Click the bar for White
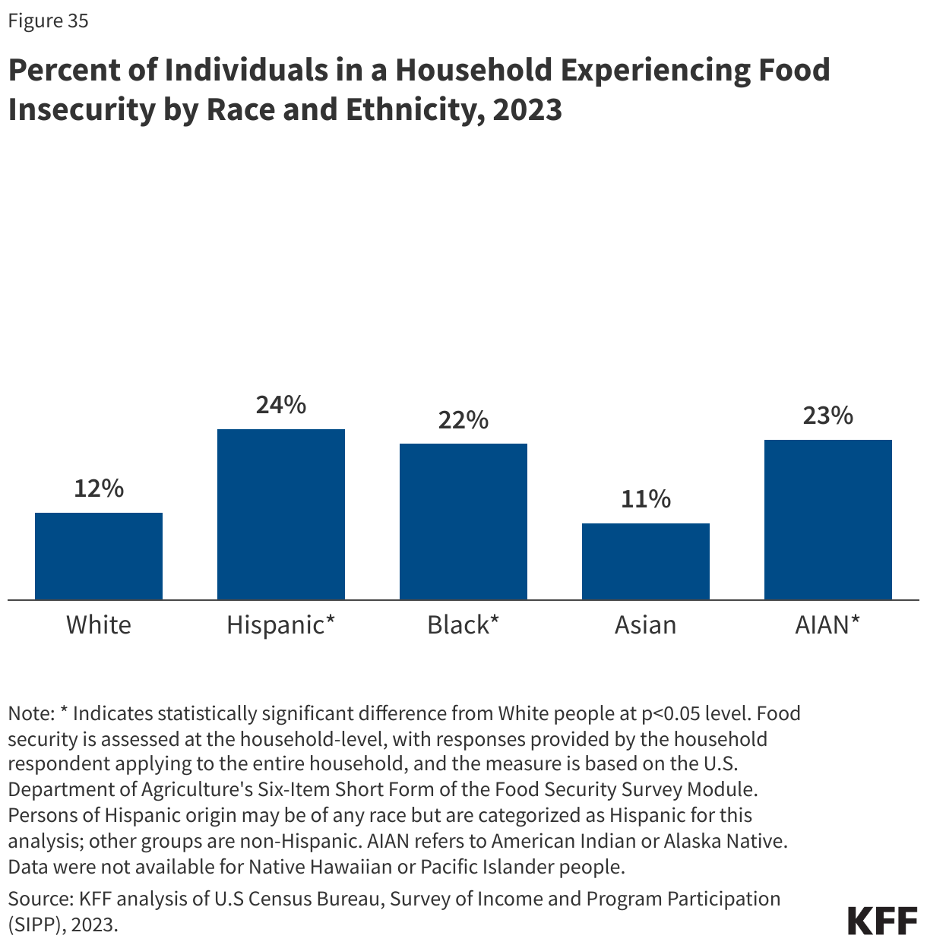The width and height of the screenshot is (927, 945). [x=99, y=556]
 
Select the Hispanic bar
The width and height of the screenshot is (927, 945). [x=281, y=514]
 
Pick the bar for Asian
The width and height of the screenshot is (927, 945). [x=646, y=561]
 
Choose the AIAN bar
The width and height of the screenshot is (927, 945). [x=828, y=520]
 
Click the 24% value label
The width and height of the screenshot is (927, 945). [x=281, y=406]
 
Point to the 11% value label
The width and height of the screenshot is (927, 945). [x=646, y=500]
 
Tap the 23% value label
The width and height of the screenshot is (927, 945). [x=828, y=416]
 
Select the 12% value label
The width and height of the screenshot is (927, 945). [x=99, y=489]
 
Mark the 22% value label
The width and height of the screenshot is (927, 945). [x=463, y=420]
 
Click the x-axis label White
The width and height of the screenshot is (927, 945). [x=99, y=625]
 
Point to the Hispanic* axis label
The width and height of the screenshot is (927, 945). [x=281, y=625]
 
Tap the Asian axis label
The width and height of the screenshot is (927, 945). [x=646, y=625]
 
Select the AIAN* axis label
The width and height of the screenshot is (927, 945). [x=828, y=625]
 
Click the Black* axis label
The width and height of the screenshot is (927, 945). [x=463, y=625]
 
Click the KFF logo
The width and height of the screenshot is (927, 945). [x=882, y=920]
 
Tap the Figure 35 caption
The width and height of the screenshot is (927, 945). [x=49, y=21]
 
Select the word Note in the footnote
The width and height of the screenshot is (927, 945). [x=30, y=713]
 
